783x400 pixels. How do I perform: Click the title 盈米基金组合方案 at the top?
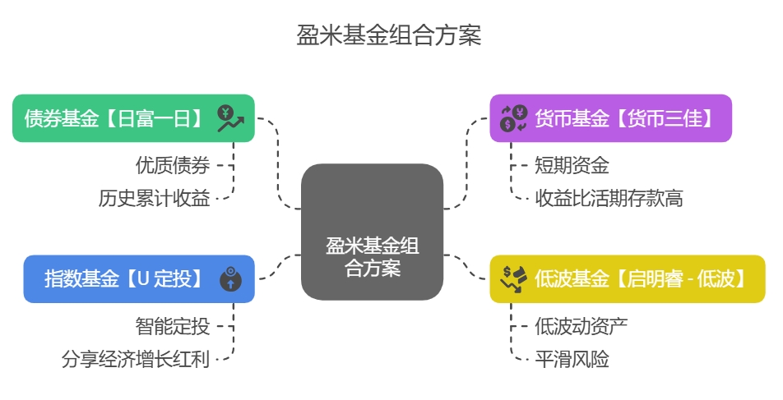tap(388, 36)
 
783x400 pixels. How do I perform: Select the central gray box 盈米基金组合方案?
tap(372, 232)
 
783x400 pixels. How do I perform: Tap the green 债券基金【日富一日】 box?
tap(133, 118)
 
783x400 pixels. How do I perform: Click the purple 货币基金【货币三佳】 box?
tap(610, 118)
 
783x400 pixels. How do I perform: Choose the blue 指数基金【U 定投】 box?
tap(139, 279)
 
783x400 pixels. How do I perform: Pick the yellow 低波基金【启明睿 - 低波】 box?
tap(627, 279)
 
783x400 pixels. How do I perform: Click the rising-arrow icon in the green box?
tap(230, 118)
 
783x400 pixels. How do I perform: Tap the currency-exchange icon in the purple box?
tap(514, 118)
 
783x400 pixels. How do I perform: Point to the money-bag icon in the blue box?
tap(231, 279)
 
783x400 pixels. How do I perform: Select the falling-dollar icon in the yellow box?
tap(515, 279)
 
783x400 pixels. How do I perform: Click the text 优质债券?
tap(173, 166)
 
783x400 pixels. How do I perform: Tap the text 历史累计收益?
tap(155, 198)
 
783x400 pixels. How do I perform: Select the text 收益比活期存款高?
tap(609, 198)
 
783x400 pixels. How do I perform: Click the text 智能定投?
tap(173, 327)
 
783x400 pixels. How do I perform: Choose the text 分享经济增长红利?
tap(136, 359)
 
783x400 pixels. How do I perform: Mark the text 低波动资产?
tap(581, 327)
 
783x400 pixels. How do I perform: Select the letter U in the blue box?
tap(142, 279)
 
